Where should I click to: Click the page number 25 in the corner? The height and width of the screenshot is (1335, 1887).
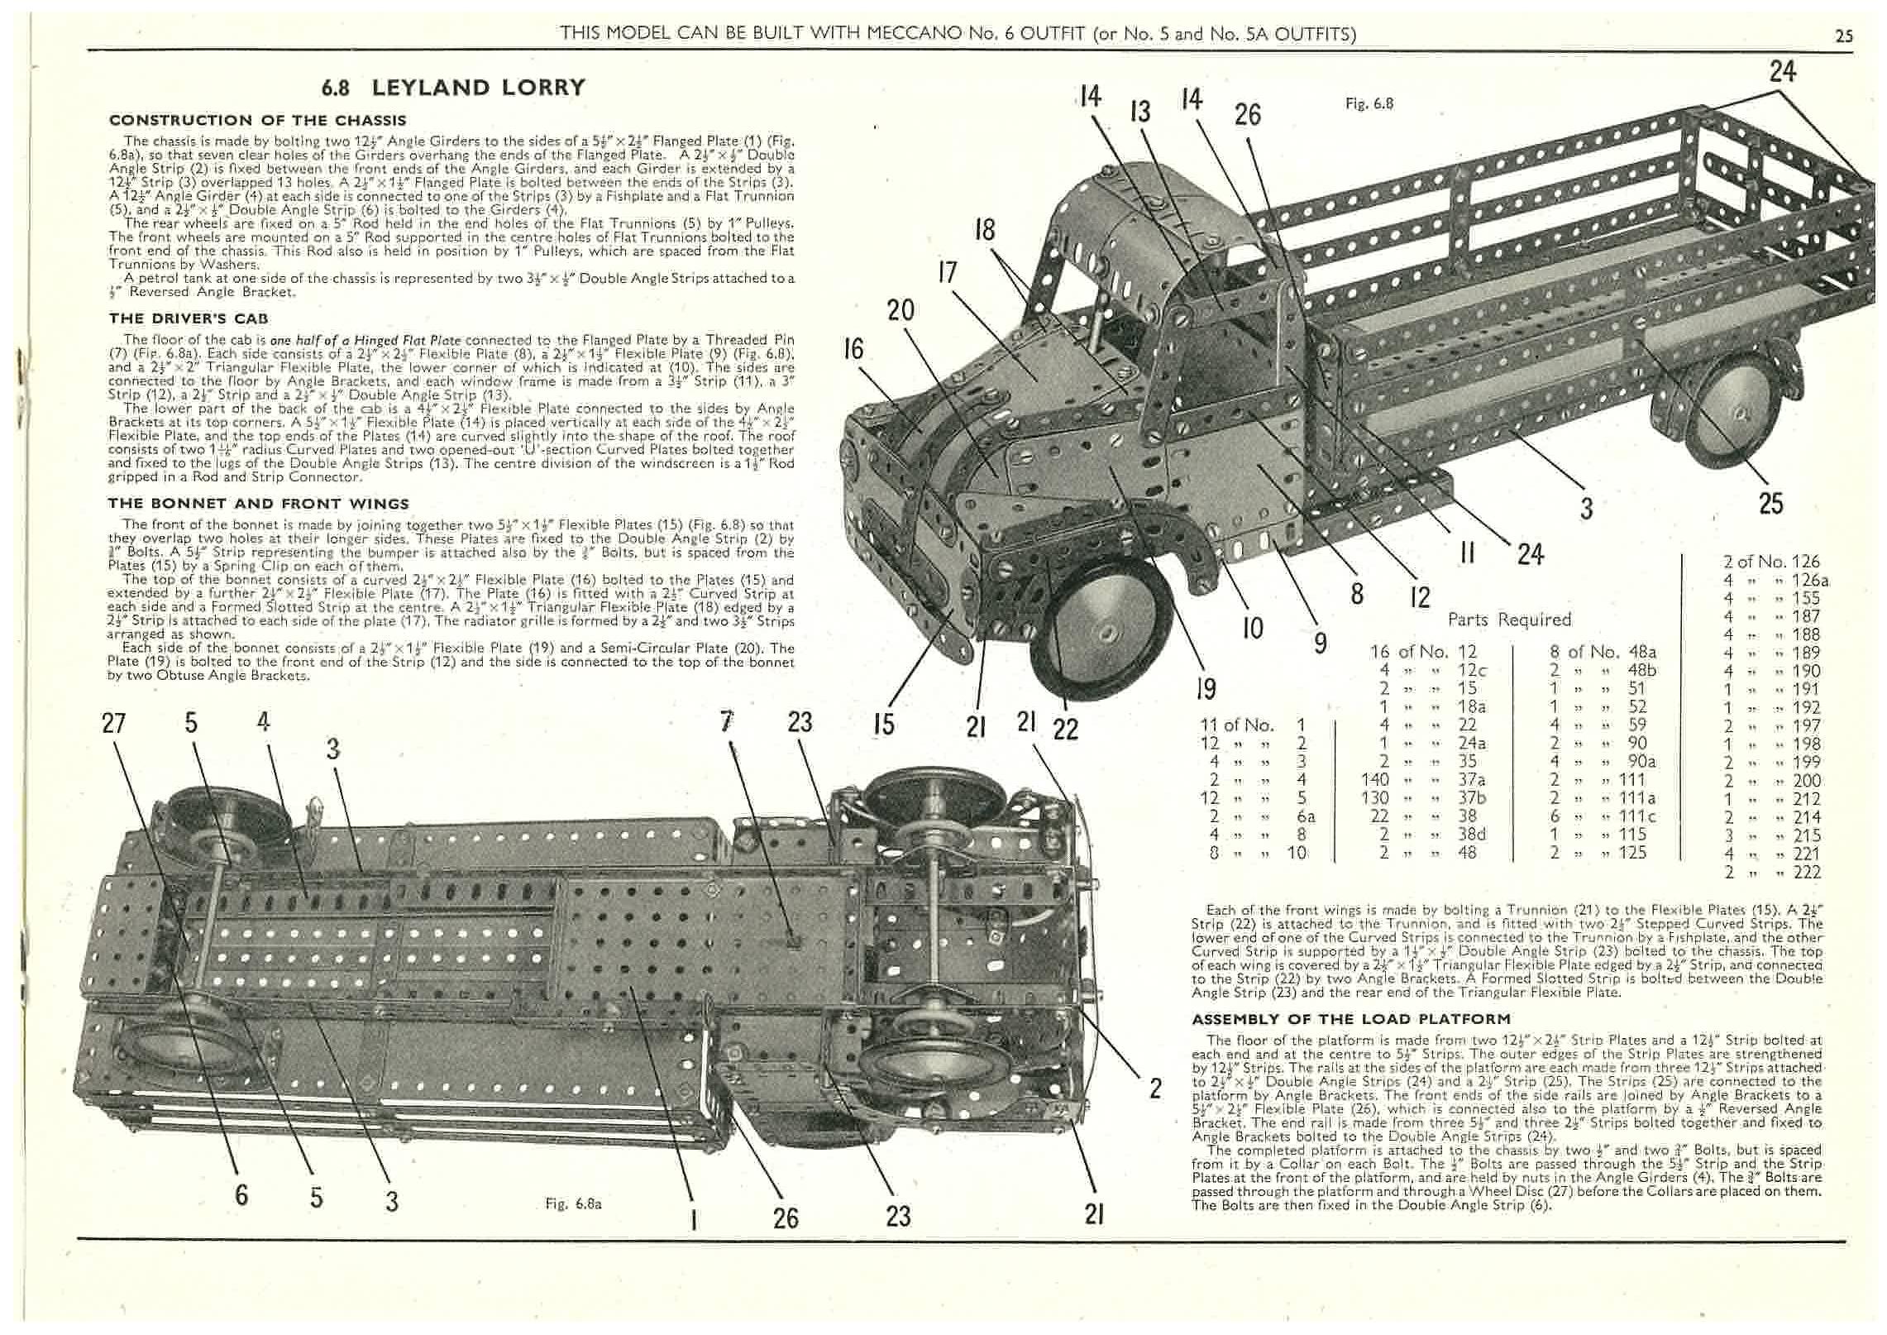pos(1843,36)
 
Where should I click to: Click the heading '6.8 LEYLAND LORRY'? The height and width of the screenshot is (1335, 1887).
pos(453,88)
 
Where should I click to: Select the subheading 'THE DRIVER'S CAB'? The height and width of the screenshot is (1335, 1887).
pos(189,318)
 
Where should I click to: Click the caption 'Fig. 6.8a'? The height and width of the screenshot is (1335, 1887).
pos(573,1203)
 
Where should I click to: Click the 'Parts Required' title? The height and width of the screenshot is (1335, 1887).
pos(1509,620)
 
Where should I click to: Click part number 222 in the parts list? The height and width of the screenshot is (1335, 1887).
pos(1808,872)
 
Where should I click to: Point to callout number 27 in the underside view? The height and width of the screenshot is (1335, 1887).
pos(113,723)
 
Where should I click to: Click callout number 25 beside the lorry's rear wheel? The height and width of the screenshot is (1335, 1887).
pos(1770,504)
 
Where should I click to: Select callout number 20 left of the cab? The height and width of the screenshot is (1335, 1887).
pos(901,310)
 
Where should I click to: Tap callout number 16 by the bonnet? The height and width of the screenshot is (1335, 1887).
pos(853,349)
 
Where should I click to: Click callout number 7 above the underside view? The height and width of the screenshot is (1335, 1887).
pos(726,722)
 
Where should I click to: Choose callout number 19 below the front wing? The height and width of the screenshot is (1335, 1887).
pos(1205,688)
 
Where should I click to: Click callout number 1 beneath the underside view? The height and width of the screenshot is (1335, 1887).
pos(693,1218)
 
